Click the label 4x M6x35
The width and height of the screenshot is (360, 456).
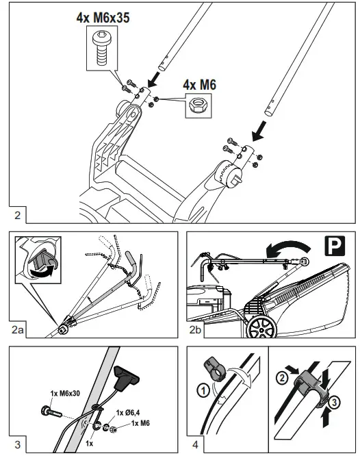tap(103, 18)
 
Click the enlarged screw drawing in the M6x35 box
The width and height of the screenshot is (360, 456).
tap(101, 47)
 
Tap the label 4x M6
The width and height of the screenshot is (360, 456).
tap(199, 85)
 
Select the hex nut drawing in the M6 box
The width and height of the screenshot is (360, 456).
tap(197, 105)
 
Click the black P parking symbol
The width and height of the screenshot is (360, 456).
tap(335, 246)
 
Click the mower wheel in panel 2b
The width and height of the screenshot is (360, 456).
tap(262, 327)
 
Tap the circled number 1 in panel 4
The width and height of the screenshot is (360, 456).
tap(203, 390)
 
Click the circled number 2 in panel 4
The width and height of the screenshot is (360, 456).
tap(282, 378)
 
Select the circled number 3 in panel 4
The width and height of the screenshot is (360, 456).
tap(335, 403)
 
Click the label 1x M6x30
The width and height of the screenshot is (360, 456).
tap(65, 394)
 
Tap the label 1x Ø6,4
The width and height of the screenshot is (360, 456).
tap(128, 412)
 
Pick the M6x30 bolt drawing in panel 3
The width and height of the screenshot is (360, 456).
tap(51, 411)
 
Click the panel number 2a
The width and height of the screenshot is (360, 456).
tap(17, 330)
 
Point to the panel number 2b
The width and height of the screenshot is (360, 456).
tap(195, 330)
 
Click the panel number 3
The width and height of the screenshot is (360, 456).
tap(17, 444)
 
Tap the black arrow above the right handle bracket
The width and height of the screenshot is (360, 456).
tap(259, 131)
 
